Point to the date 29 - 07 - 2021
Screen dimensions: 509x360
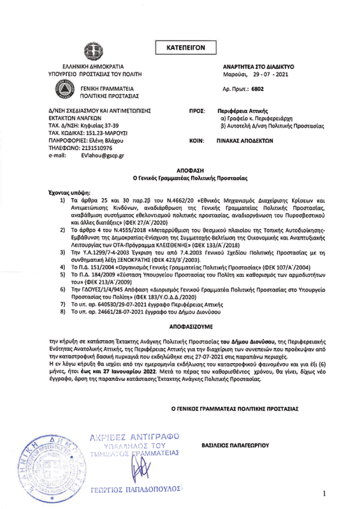click(270, 75)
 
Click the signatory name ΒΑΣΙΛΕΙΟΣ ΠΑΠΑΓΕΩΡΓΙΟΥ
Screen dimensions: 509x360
click(235, 445)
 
